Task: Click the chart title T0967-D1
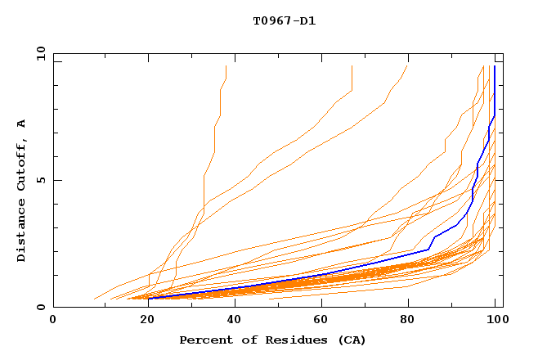tap(284, 20)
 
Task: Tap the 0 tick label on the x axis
tap(53, 321)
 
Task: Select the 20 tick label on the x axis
tap(149, 321)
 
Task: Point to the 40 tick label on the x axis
tap(237, 321)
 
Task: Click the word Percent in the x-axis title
tap(205, 340)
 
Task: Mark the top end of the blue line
tap(495, 66)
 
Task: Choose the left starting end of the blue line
tap(150, 298)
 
